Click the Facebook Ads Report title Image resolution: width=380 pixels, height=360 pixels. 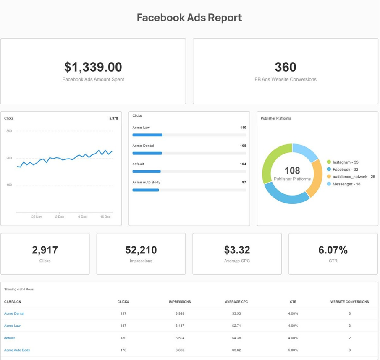click(x=189, y=18)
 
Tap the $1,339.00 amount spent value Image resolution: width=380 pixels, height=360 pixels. click(x=93, y=67)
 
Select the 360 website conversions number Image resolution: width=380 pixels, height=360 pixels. click(x=286, y=67)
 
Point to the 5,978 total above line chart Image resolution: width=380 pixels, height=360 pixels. click(x=113, y=119)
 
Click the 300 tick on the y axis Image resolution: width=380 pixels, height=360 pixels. click(x=9, y=131)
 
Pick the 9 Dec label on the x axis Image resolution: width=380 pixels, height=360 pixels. click(x=83, y=217)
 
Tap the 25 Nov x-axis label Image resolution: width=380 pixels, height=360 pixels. click(x=37, y=217)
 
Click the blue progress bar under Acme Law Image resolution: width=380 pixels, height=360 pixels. click(x=147, y=135)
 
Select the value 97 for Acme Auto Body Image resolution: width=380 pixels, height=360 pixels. click(x=244, y=183)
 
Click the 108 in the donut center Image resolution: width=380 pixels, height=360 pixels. click(x=292, y=170)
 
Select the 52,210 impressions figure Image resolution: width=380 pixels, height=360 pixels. click(x=141, y=250)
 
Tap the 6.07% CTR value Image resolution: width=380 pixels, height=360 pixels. click(x=333, y=250)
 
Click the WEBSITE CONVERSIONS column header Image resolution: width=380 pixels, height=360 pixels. click(x=349, y=302)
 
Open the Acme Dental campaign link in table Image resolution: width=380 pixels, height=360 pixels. click(x=14, y=313)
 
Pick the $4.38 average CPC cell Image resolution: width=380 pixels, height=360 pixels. click(x=237, y=338)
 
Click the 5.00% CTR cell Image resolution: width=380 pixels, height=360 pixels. click(x=293, y=350)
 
